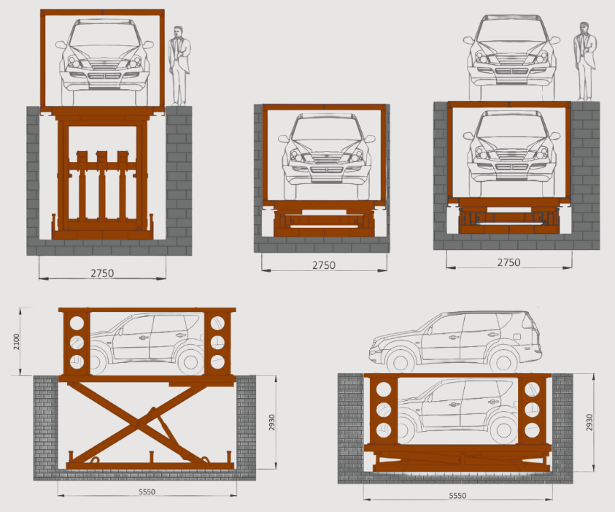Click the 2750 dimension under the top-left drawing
(x=102, y=273)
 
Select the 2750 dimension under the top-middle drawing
(x=323, y=265)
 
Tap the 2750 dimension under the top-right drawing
(x=508, y=262)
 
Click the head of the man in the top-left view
(x=179, y=32)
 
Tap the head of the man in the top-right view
(x=584, y=28)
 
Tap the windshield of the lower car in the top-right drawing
(x=508, y=126)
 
